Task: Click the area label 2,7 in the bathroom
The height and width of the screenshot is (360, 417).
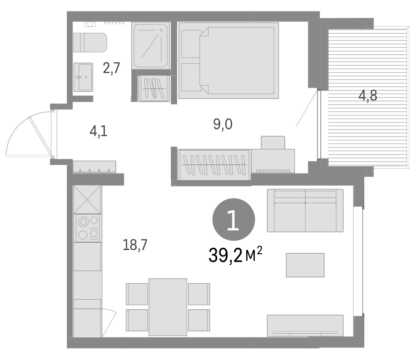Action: [x=111, y=69]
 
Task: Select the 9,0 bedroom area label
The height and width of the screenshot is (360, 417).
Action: [x=223, y=124]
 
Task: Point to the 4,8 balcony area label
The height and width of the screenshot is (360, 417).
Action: [x=368, y=96]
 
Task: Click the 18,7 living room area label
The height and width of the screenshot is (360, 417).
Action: [x=135, y=245]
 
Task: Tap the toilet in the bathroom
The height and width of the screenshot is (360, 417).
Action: [x=90, y=43]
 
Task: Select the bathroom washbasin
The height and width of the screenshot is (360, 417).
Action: [x=83, y=77]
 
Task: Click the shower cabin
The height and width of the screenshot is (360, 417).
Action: [x=151, y=45]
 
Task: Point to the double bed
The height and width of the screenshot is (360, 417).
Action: [x=228, y=60]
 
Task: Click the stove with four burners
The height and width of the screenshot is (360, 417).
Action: [x=88, y=228]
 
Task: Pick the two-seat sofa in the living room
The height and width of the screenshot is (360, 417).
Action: [x=305, y=211]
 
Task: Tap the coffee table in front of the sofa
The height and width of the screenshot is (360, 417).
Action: [x=305, y=265]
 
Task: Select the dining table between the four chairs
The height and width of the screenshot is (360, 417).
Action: [x=168, y=307]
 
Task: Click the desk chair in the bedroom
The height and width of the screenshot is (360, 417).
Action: [x=273, y=143]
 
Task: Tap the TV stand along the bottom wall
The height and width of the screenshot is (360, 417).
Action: [x=305, y=325]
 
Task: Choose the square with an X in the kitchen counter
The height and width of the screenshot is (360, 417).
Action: [x=88, y=200]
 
